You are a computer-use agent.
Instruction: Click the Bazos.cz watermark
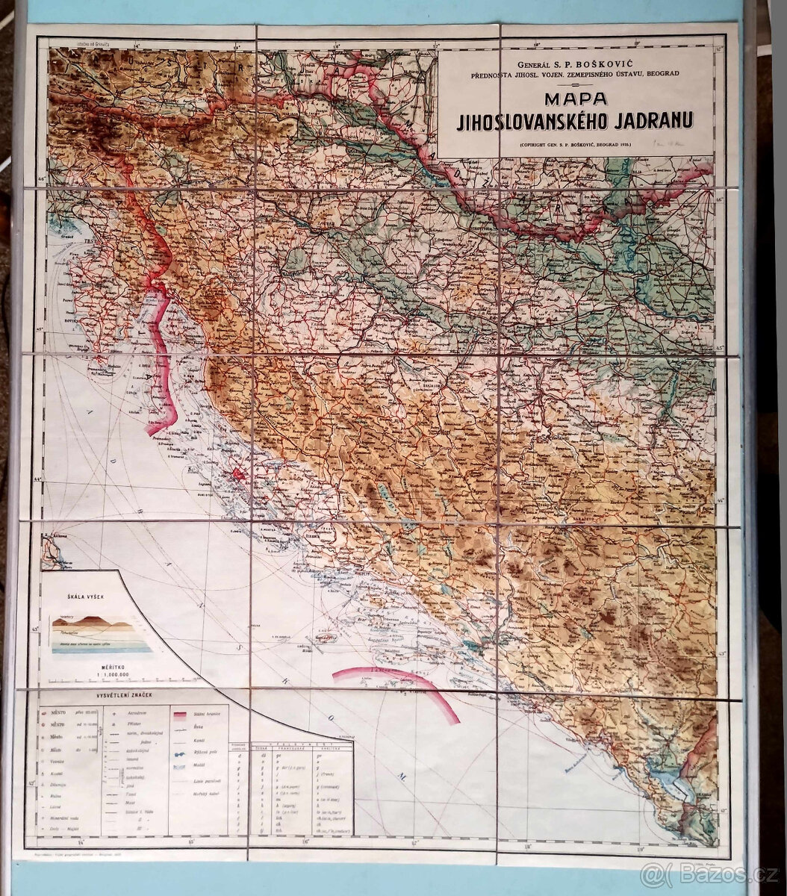pyautogui.click(x=709, y=871)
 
